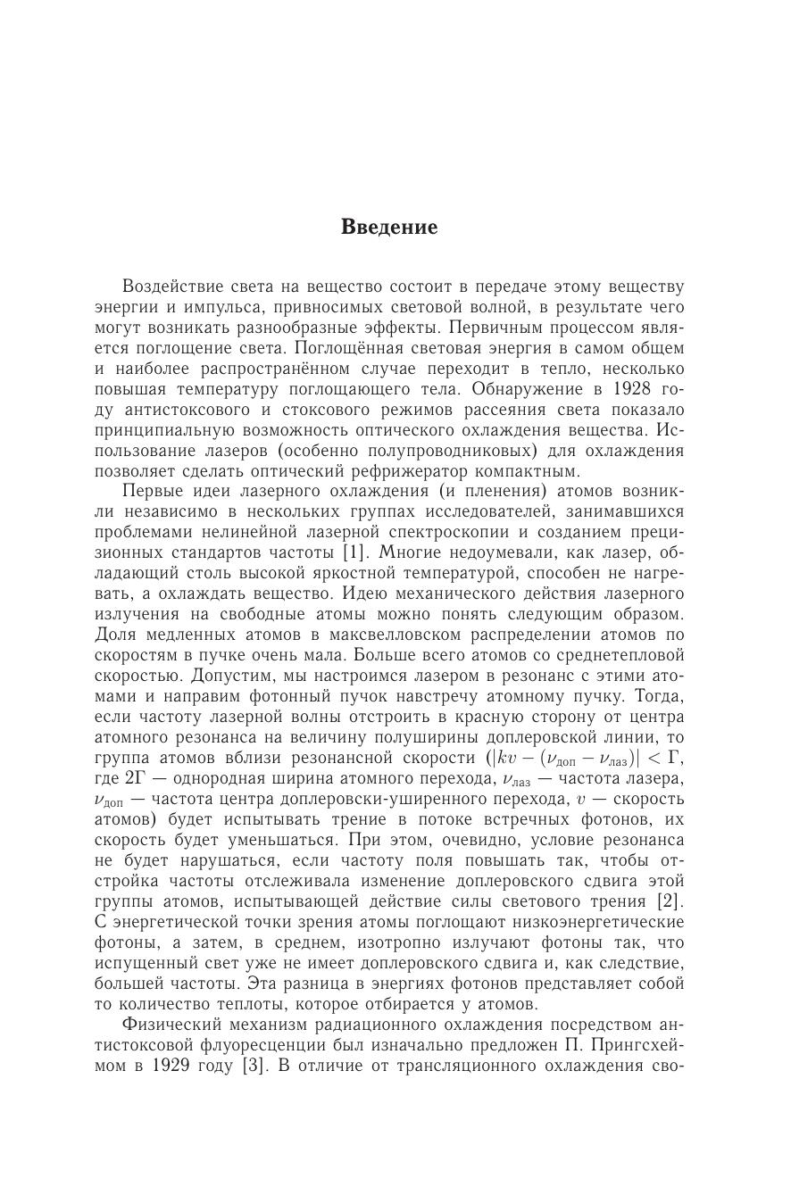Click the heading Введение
tap(389, 227)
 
